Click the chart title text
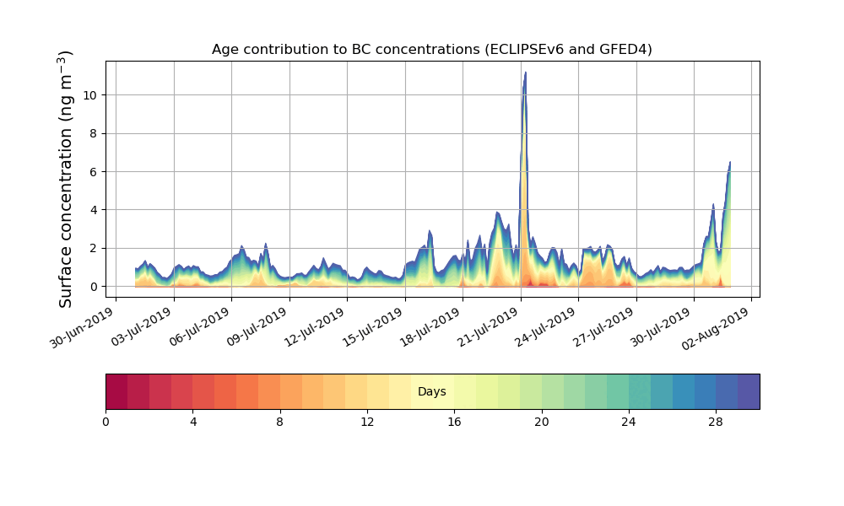click(431, 50)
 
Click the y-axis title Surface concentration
click(66, 179)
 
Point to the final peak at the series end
click(730, 163)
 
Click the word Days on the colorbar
click(432, 392)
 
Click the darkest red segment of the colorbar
click(116, 391)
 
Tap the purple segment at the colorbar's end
click(749, 391)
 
